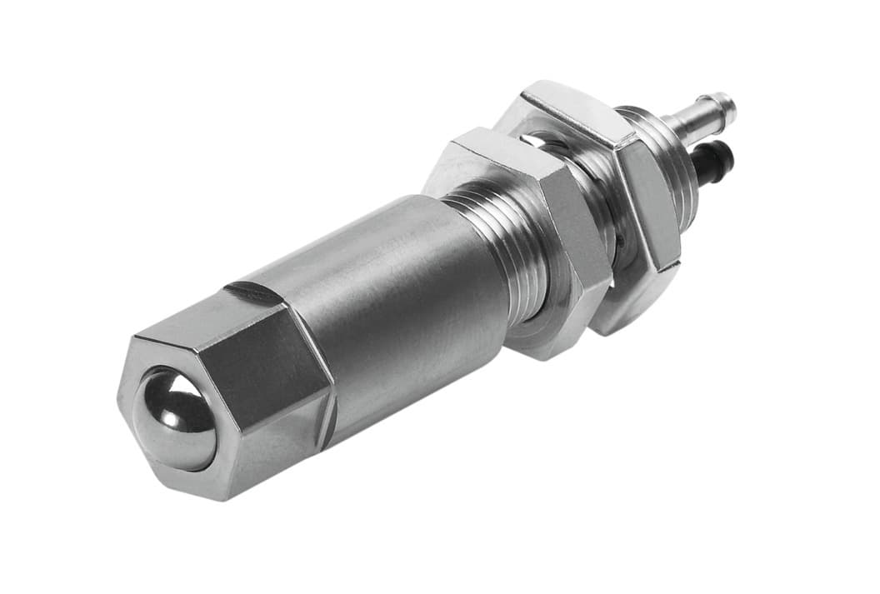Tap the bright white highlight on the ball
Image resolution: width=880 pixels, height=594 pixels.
[157, 392]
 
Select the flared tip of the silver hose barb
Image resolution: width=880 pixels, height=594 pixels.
[726, 105]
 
